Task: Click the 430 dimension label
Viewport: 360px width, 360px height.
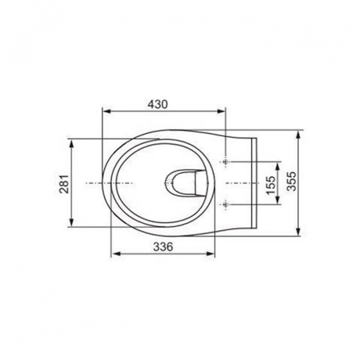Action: click(x=157, y=104)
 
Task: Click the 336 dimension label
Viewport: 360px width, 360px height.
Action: click(x=163, y=247)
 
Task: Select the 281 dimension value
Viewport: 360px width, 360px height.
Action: click(x=64, y=184)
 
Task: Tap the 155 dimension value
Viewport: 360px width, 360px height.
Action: click(x=271, y=185)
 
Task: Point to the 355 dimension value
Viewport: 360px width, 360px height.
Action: click(x=292, y=181)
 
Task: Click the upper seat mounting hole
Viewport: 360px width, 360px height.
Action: click(x=226, y=162)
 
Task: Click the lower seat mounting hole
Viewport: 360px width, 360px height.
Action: click(x=226, y=204)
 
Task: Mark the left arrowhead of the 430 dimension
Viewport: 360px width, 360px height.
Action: click(x=107, y=112)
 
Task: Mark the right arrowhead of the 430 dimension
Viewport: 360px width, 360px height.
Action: click(x=221, y=112)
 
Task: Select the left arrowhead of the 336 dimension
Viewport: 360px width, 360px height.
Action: click(x=116, y=254)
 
